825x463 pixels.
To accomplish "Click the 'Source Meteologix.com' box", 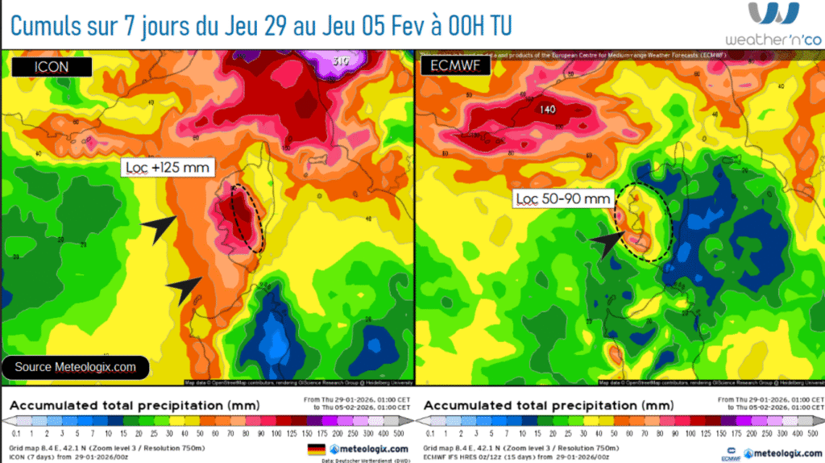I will coord(75,367).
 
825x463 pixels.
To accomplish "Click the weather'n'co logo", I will coord(773,24).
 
